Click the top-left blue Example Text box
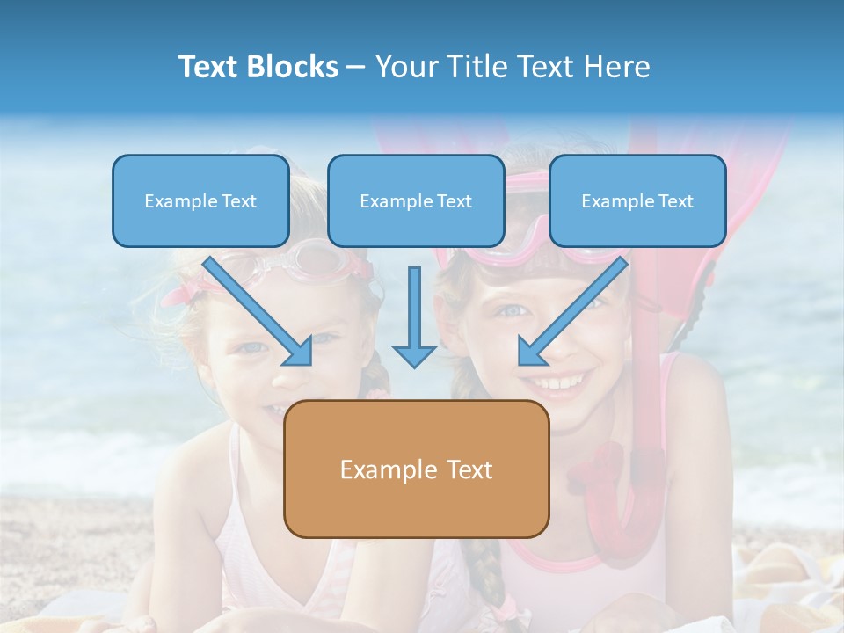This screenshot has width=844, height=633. (200, 200)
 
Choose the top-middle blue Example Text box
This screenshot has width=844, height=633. (416, 200)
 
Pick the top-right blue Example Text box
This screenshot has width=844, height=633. (637, 200)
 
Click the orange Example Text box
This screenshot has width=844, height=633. (416, 469)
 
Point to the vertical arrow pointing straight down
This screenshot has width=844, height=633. (414, 316)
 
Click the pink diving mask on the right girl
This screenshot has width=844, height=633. (527, 242)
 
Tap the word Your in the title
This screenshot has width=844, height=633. (404, 67)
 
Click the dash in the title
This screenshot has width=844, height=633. (356, 67)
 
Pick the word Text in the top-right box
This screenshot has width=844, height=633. (676, 201)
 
